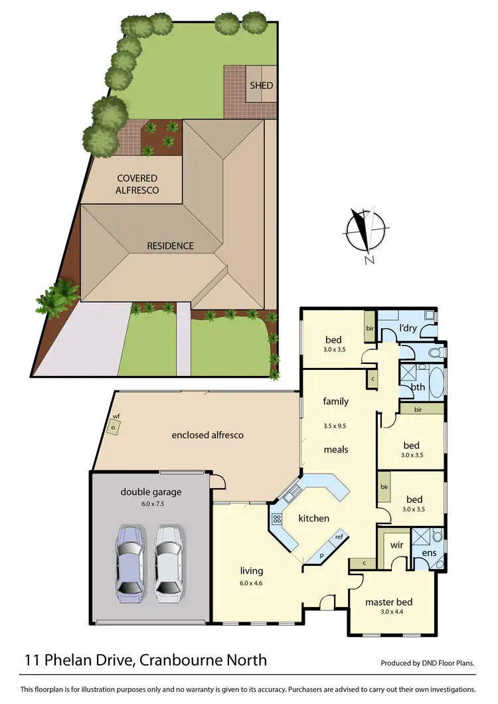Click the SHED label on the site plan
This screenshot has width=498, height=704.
point(261,86)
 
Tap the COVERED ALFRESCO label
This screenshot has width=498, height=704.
point(137,183)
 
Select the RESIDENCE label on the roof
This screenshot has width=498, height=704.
point(171,246)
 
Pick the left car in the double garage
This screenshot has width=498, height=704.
point(129,563)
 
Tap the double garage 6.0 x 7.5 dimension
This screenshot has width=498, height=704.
point(151,504)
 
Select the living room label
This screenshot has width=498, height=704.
point(252,571)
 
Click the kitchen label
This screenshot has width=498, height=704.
point(313,518)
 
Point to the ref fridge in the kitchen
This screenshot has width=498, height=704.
point(339,537)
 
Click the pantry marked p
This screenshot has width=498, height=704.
point(321,553)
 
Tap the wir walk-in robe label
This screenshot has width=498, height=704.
point(397,545)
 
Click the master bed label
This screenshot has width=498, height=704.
point(388,602)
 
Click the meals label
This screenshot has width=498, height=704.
point(336,450)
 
